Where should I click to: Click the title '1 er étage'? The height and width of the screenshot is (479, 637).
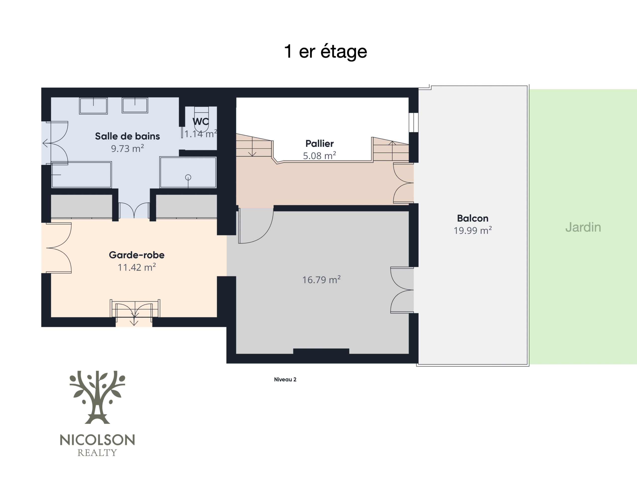tap(325, 52)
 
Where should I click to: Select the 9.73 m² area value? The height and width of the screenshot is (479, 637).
tap(127, 148)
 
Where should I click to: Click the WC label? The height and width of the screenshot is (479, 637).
tap(201, 121)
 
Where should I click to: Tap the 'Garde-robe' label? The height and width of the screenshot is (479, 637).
tap(137, 255)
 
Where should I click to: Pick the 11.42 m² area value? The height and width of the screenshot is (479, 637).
tap(137, 267)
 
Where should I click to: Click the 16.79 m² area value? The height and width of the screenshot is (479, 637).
tap(321, 279)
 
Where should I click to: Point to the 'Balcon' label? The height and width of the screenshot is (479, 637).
tap(473, 218)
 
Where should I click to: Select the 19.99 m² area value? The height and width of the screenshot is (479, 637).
tap(473, 230)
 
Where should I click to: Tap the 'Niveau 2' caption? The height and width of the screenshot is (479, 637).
tap(285, 380)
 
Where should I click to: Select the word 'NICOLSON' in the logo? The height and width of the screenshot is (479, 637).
tap(97, 440)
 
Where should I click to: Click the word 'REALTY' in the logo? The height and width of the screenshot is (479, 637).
tap(97, 453)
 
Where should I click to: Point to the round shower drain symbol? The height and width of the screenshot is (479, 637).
tap(188, 177)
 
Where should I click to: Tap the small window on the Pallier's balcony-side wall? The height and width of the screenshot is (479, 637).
tap(414, 122)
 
